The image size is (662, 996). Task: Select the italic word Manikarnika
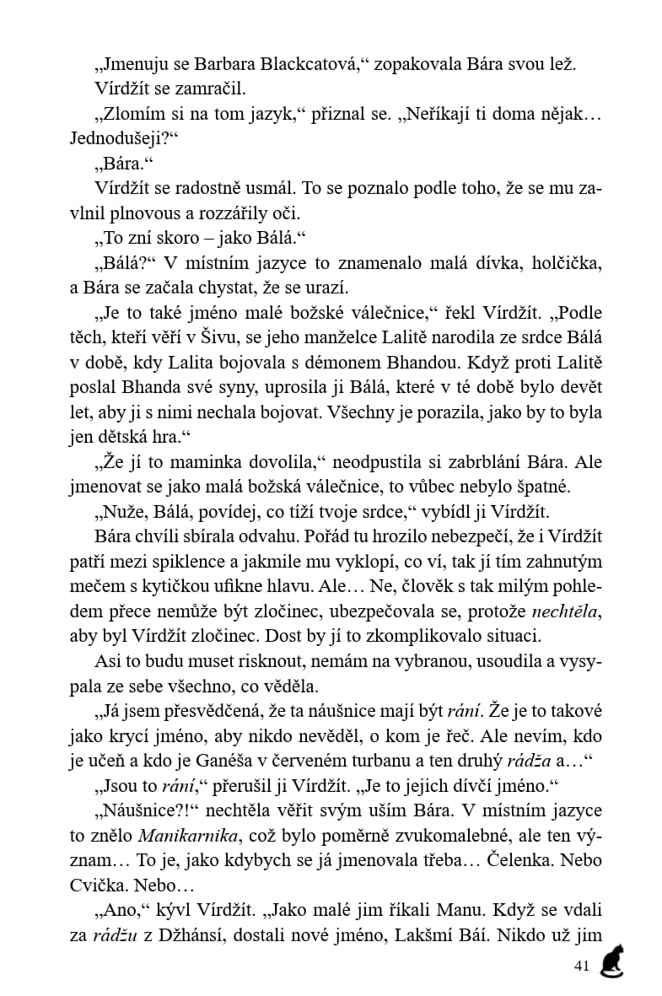pyautogui.click(x=171, y=835)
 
